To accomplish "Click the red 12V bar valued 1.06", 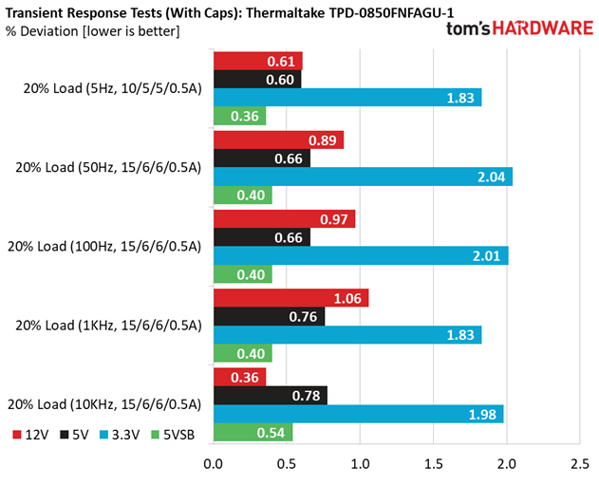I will pos(290,299).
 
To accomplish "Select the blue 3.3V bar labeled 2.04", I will pos(363,177).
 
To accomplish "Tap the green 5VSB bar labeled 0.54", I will pos(253,432).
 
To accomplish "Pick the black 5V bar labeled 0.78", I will pos(271,396).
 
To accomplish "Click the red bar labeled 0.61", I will pos(258,62).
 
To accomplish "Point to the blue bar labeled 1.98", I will pos(358,414).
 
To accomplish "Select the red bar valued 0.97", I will pos(284,219).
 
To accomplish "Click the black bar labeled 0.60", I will pos(257,80).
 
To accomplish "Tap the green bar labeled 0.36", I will pos(239,116).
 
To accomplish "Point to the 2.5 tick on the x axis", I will pos(579,465).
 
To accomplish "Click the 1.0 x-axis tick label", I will pos(360,465).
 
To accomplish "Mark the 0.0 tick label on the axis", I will pos(214,465).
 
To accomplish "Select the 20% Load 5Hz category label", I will pos(112,89).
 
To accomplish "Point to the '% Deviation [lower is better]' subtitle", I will pos(93,31).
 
